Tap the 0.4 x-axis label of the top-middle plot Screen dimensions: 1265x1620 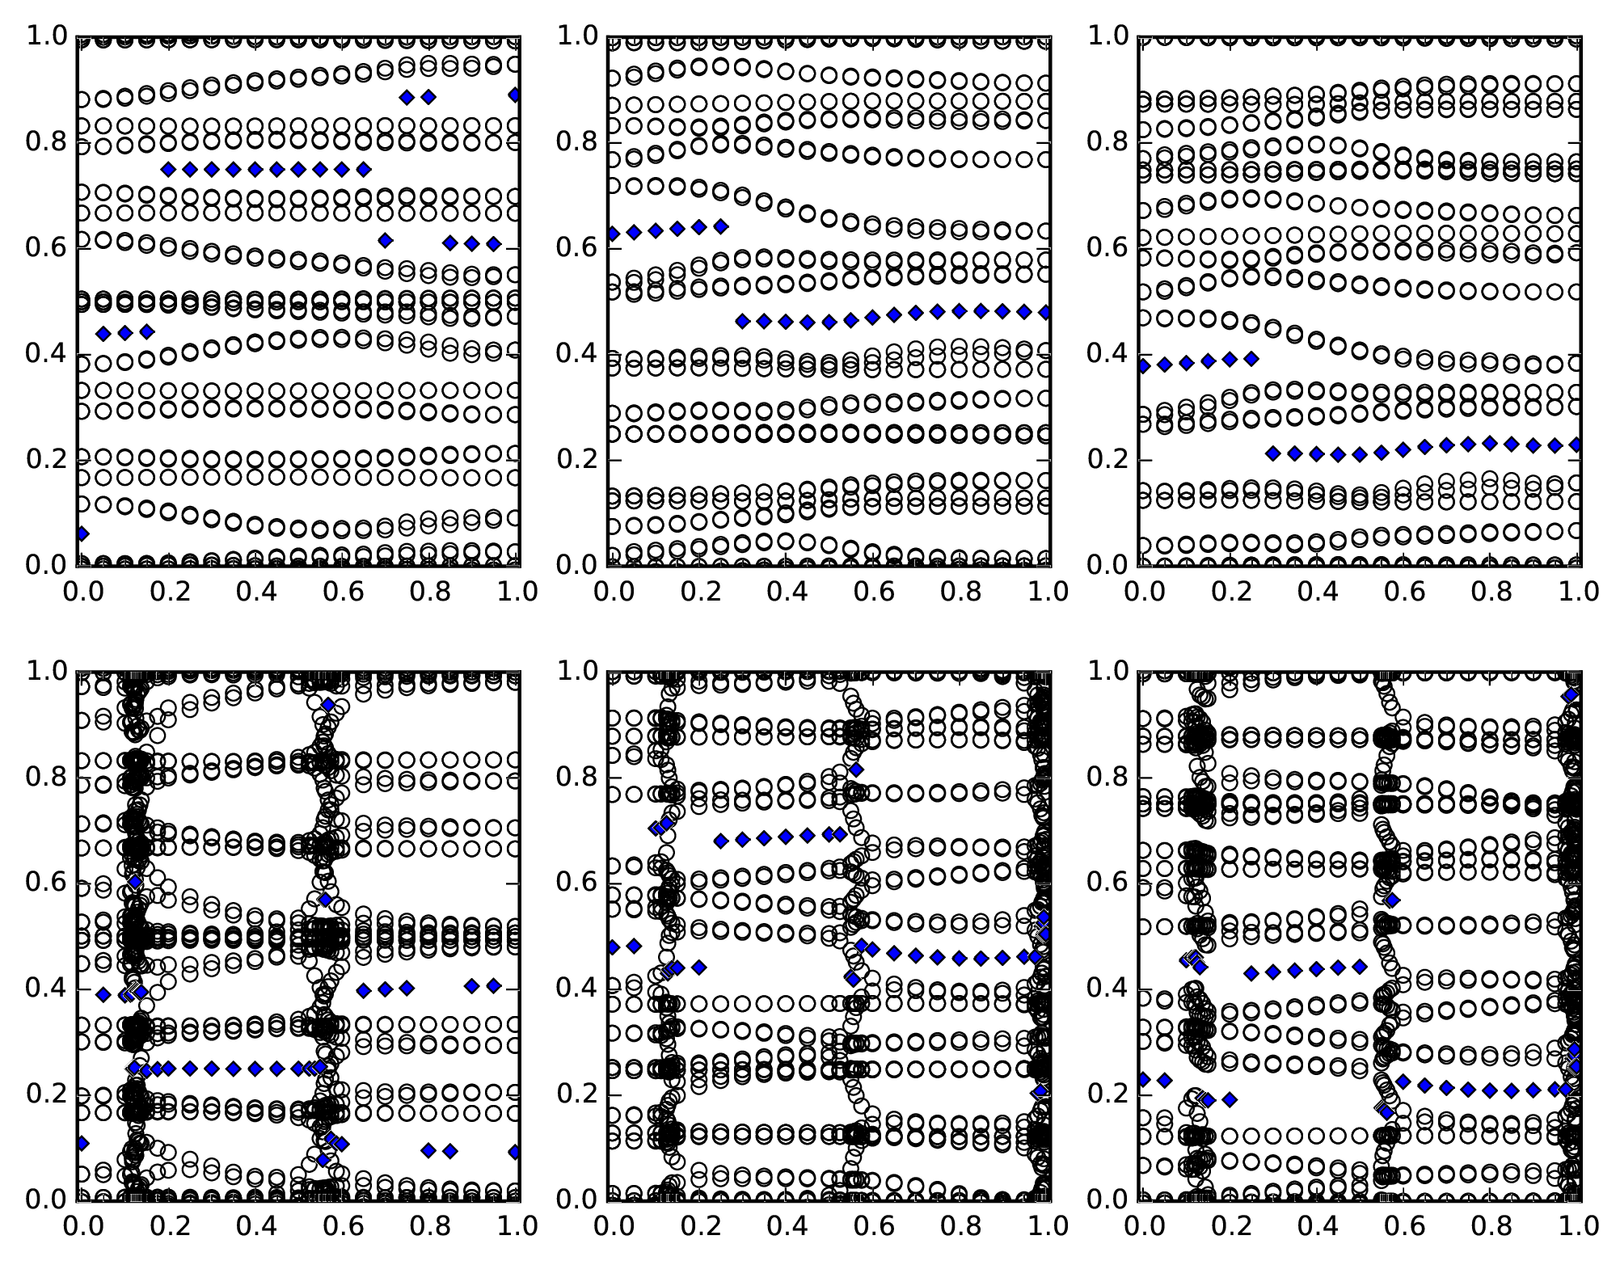coord(785,592)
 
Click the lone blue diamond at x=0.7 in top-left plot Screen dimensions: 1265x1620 coord(385,240)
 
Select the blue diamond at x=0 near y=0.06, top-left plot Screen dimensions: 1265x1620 coord(81,533)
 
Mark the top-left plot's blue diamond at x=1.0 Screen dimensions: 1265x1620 coord(516,95)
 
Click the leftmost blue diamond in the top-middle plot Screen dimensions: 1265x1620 coord(613,234)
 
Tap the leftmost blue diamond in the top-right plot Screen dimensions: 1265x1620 coord(1143,366)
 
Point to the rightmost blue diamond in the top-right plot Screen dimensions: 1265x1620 coord(1576,445)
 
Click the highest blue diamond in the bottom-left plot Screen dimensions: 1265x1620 coord(328,705)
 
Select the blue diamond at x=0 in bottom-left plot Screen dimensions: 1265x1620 coord(81,1143)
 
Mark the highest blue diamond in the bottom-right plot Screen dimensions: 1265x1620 coord(1571,695)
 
